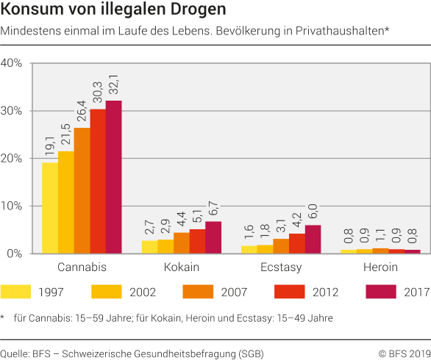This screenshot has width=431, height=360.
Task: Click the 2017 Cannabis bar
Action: [x=113, y=177]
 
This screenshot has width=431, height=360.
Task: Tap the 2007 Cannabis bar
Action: [x=82, y=191]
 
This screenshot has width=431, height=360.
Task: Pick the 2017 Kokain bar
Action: [x=213, y=237]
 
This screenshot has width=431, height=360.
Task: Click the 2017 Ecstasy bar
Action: [x=313, y=239]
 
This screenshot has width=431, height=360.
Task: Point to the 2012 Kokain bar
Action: [x=197, y=241]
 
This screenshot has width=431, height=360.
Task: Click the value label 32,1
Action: [x=114, y=85]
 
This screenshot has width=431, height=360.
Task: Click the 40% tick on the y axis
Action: [x=15, y=63]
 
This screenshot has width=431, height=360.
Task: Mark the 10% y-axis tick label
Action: [x=15, y=206]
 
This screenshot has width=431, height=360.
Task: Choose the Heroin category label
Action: [x=381, y=267]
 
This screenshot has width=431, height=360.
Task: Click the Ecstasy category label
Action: [x=281, y=267]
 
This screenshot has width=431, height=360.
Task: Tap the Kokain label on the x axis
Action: [x=181, y=267]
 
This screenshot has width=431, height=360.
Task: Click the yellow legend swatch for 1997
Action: [x=16, y=292]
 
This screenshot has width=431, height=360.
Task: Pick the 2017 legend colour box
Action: [x=381, y=292]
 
